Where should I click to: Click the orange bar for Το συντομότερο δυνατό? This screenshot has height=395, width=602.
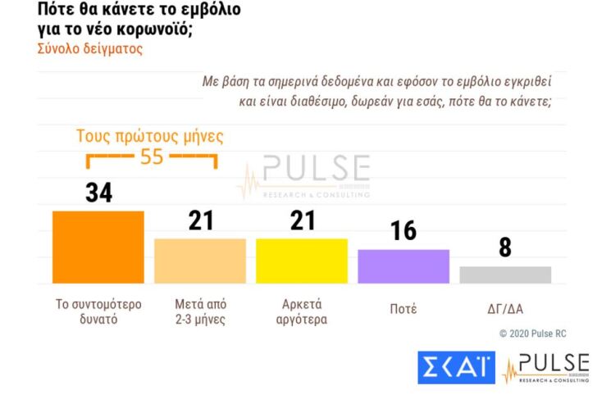[x=98, y=247]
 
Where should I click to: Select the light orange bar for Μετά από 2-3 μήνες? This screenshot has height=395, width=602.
[x=199, y=261]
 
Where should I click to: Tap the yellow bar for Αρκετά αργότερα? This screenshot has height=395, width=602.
[x=301, y=261]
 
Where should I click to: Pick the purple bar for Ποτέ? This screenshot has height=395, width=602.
[x=404, y=266]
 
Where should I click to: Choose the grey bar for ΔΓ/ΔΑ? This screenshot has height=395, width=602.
[x=504, y=275]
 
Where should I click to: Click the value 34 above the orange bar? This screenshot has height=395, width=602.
[x=98, y=193]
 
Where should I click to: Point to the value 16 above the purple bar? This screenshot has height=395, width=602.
[x=403, y=231]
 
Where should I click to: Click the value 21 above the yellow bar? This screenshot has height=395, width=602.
[x=302, y=220]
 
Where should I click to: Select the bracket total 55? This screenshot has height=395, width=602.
[x=152, y=157]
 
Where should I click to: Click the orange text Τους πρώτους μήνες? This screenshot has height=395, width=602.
[x=149, y=136]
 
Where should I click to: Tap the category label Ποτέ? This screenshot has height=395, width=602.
[x=403, y=309]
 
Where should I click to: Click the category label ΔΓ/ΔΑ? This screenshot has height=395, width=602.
[x=504, y=309]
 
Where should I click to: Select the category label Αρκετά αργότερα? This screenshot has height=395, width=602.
[x=301, y=311]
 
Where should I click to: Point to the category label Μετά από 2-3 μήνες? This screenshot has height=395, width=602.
[x=199, y=311]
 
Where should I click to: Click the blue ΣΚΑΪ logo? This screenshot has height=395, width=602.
[x=456, y=368]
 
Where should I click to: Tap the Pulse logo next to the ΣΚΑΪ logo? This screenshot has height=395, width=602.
[x=546, y=368]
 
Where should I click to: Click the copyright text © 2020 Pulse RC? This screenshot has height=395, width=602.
[x=532, y=334]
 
